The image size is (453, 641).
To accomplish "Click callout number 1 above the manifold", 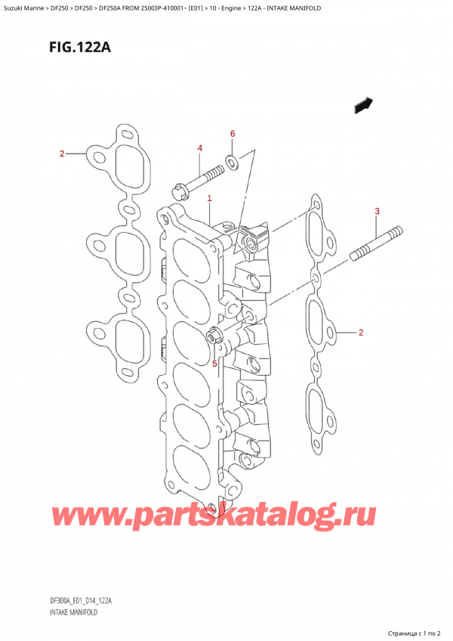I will point(209,199).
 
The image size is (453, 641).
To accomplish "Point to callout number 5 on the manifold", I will point(214,364).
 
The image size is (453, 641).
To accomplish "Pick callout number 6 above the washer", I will point(233,134).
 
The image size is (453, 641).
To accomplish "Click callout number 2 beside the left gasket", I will point(63,155).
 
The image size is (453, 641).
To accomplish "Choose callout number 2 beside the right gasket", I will point(362,333).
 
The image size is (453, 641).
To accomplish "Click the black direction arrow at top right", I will point(364,106).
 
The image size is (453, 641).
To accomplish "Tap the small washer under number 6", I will point(232,160).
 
